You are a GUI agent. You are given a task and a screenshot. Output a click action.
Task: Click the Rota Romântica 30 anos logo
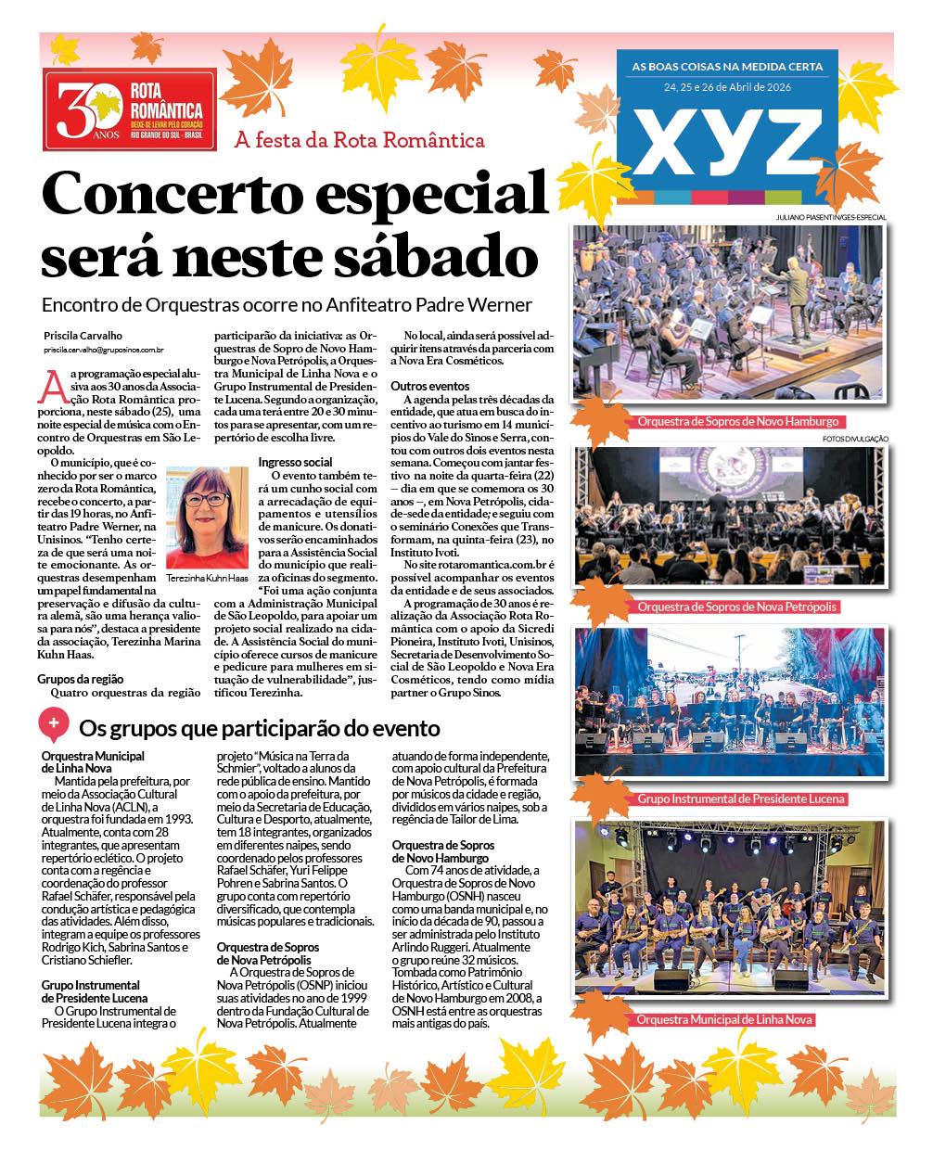tap(130, 109)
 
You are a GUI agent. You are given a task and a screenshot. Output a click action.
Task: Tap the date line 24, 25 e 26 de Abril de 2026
tap(727, 87)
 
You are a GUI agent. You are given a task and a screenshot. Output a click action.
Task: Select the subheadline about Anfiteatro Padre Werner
tap(288, 305)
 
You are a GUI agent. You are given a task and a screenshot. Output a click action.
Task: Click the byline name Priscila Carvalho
tap(83, 336)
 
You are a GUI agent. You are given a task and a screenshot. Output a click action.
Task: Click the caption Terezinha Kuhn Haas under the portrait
tap(208, 578)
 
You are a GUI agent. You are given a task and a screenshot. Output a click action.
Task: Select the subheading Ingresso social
tap(296, 462)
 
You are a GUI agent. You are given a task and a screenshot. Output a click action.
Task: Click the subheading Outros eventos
tap(430, 386)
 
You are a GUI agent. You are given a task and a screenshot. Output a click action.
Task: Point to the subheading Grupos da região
tap(81, 679)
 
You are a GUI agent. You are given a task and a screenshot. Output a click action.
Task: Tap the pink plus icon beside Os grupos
tap(54, 723)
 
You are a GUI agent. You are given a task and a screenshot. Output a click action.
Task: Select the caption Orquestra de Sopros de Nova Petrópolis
tap(737, 607)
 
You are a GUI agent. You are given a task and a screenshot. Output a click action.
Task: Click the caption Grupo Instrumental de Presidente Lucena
tap(741, 799)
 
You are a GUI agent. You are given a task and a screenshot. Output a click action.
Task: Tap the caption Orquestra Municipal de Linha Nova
tap(724, 1019)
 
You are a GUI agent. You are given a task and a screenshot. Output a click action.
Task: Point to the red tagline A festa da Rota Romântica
tap(360, 141)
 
